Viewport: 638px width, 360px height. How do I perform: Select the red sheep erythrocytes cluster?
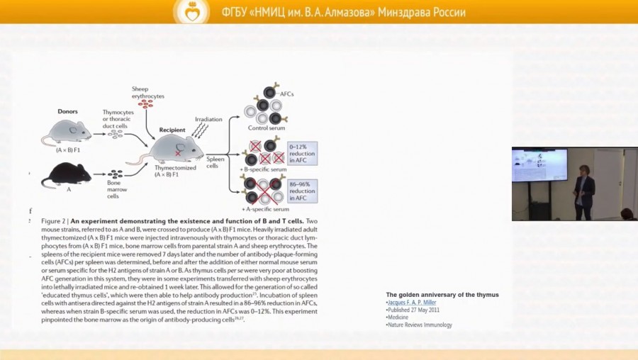click(x=146, y=103)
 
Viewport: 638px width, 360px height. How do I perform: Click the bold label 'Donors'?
click(x=67, y=111)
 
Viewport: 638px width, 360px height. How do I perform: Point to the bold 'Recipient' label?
click(x=172, y=130)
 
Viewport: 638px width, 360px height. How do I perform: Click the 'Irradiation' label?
click(x=208, y=119)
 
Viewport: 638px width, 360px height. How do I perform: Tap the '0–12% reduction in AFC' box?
click(x=303, y=153)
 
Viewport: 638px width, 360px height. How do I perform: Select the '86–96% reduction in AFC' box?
click(x=303, y=191)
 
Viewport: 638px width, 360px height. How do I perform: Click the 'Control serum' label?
click(x=264, y=128)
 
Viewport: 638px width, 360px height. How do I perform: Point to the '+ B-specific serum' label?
click(x=264, y=169)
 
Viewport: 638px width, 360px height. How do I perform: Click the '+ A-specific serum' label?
click(x=265, y=210)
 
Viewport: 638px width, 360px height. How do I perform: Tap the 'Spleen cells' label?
click(x=216, y=162)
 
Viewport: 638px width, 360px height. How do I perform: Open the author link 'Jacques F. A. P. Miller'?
click(x=412, y=302)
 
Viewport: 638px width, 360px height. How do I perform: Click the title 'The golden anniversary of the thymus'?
click(x=442, y=294)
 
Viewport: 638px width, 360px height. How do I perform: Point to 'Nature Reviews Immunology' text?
click(x=420, y=325)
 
